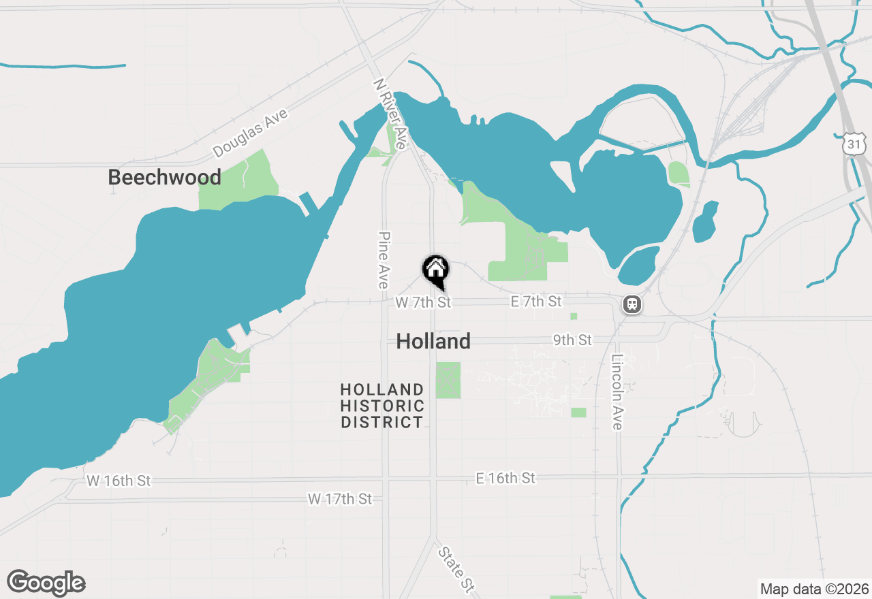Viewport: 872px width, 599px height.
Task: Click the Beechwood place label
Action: tap(164, 178)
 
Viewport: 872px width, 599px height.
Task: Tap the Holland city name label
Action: tap(433, 341)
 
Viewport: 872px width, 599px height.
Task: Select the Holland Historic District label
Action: tap(382, 406)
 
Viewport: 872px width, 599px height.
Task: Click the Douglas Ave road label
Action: tap(250, 133)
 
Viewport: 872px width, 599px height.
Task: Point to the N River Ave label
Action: tap(390, 114)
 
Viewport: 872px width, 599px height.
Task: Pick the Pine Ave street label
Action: tap(383, 259)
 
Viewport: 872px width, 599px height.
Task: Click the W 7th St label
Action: tap(423, 302)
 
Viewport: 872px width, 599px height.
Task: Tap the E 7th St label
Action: tap(536, 301)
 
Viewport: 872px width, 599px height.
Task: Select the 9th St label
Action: tap(572, 339)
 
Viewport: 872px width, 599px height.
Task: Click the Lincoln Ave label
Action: tap(617, 392)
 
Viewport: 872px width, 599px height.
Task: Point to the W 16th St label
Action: tap(119, 481)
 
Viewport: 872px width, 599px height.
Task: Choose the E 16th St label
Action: tap(505, 479)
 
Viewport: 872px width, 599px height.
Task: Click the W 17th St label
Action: tap(340, 499)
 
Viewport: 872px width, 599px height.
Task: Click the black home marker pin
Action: tap(436, 270)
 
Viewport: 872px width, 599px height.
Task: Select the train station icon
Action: tap(632, 304)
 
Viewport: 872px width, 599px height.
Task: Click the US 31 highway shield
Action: tap(854, 144)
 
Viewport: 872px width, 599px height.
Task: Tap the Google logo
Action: tap(46, 583)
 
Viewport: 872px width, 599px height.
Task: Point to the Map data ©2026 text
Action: tap(814, 589)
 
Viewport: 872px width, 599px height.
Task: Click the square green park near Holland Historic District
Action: tap(448, 380)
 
